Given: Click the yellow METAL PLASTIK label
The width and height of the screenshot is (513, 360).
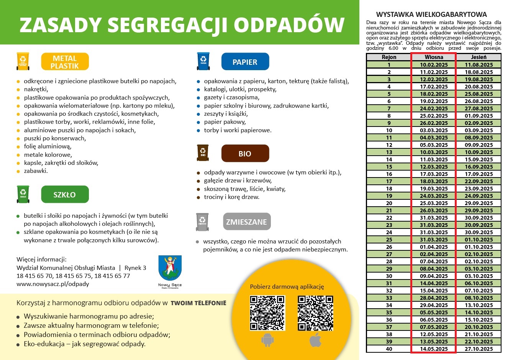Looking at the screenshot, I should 65,62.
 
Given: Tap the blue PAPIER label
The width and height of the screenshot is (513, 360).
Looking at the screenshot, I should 245,62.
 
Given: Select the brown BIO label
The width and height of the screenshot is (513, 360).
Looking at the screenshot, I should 245,154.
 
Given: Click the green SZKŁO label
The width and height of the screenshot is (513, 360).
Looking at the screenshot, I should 65,194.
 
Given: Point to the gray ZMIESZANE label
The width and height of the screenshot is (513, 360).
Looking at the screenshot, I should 246,222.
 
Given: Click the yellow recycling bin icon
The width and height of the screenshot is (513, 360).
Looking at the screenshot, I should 23,61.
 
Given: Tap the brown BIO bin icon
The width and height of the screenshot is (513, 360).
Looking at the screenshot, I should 203,153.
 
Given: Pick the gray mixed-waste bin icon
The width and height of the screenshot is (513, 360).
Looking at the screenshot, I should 202,222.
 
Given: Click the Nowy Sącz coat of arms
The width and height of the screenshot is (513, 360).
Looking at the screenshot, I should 170,268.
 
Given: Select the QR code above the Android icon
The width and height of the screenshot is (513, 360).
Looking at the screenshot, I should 267,313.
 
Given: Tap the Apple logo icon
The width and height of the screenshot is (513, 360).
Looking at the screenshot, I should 315,340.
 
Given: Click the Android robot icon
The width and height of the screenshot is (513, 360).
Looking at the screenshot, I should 267,340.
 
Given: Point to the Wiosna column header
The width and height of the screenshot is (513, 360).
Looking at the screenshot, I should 434,57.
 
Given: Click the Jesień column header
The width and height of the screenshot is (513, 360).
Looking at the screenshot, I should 479,57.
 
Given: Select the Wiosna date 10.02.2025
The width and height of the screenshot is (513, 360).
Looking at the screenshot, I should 434,65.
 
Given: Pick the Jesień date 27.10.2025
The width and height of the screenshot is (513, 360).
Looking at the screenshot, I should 479,349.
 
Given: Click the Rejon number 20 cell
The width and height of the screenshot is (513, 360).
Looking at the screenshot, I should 389,203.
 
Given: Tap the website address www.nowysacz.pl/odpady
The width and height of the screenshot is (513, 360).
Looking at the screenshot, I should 53,284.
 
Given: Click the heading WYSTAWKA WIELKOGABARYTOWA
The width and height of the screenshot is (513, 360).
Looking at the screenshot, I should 431,15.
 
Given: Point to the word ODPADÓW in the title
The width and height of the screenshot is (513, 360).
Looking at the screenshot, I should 289,25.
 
